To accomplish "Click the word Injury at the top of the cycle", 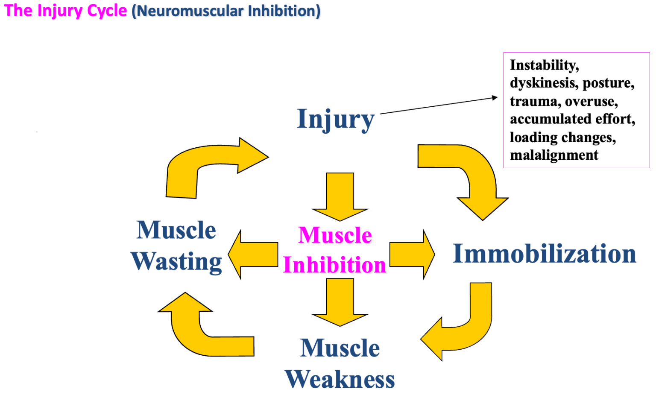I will click(x=336, y=119).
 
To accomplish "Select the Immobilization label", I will click(x=545, y=254).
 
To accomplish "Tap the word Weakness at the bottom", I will click(x=340, y=379).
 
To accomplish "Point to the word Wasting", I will click(x=176, y=261).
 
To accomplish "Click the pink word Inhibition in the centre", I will click(x=335, y=265).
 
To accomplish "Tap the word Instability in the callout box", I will click(x=544, y=65).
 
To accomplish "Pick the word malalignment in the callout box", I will click(x=554, y=155).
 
